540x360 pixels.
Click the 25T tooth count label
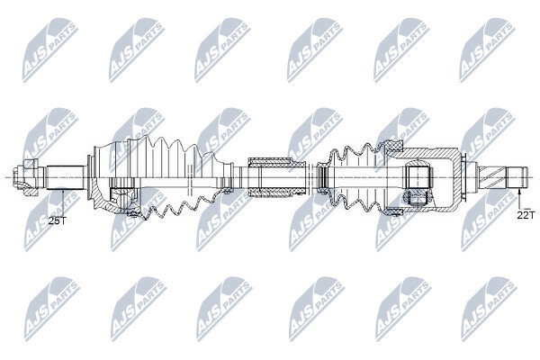pyautogui.click(x=58, y=220)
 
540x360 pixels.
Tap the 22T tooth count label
pyautogui.click(x=526, y=215)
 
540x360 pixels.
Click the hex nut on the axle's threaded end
pyautogui.click(x=26, y=177)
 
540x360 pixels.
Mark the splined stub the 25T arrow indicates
pyautogui.click(x=66, y=177)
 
